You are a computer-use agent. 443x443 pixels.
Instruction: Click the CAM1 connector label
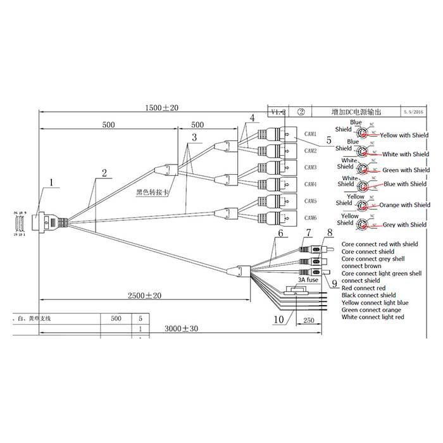pos(310,134)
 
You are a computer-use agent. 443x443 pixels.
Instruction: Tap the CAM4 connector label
pos(310,184)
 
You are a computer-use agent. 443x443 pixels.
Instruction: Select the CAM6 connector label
pos(310,218)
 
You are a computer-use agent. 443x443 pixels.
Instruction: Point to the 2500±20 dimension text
pos(144,295)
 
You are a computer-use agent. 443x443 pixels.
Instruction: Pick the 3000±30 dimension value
pos(180,329)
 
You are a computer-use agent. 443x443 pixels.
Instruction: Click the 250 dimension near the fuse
pos(309,320)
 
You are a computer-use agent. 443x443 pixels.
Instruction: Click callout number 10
pos(278,320)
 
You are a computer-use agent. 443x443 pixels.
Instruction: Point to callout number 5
pos(328,139)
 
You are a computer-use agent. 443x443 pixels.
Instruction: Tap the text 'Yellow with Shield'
pos(404,135)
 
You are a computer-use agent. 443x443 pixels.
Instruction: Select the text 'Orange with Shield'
pos(405,205)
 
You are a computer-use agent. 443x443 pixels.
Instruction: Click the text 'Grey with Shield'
pos(405,225)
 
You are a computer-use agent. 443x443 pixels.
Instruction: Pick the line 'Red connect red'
pos(363,288)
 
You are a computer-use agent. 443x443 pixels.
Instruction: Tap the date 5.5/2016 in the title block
pos(415,112)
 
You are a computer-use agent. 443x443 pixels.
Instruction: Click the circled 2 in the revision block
pos(302,112)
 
